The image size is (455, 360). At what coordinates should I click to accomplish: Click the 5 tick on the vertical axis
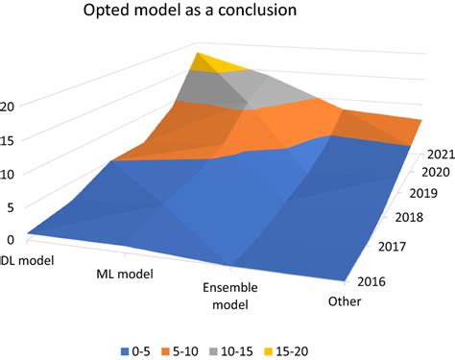coord(10,206)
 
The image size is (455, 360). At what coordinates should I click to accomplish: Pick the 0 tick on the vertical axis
coord(10,240)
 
